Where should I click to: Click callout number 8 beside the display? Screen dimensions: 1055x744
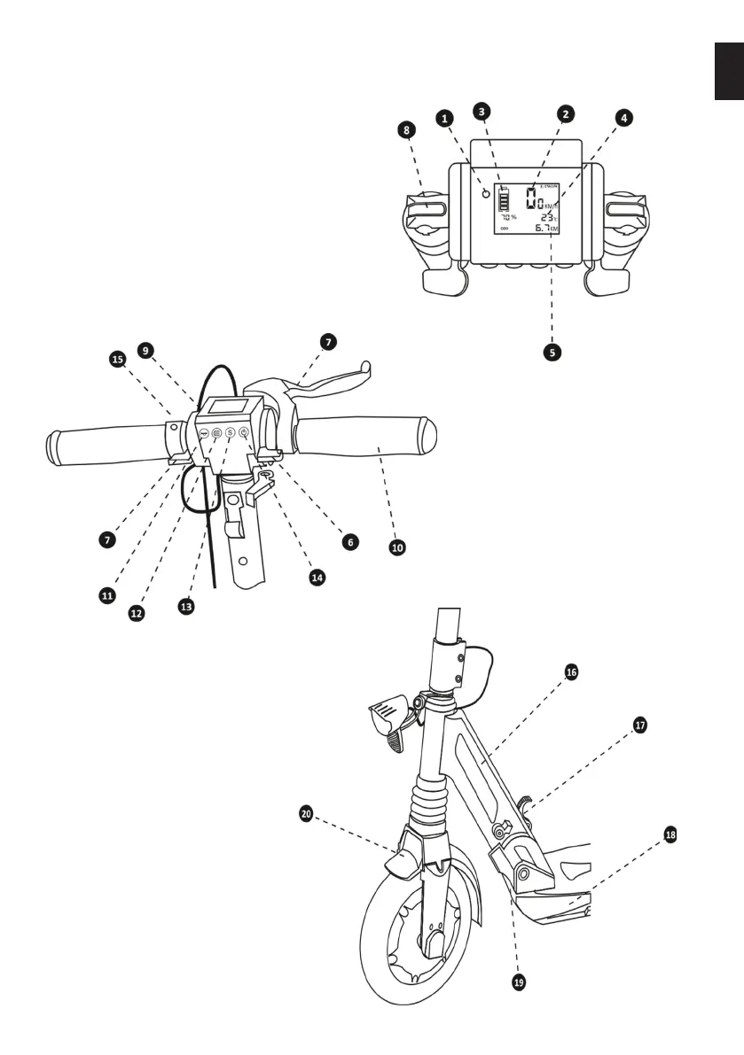pos(406,129)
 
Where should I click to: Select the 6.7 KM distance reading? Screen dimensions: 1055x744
pos(545,229)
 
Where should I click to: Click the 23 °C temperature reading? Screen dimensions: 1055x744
pos(546,215)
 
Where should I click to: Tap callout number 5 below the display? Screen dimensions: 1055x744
pos(552,351)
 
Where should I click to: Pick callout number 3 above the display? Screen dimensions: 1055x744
pos(481,112)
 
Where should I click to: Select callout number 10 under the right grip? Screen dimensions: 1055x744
pos(397,547)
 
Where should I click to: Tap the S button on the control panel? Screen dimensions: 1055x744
pos(230,433)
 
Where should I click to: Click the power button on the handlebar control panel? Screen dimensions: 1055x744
pos(244,433)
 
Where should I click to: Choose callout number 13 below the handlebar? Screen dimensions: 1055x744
pos(186,609)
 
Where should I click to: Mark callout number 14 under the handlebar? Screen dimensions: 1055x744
pos(317,577)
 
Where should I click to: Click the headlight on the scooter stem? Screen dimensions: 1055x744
pos(388,717)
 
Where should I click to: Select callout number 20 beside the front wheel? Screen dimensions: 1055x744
pos(306,811)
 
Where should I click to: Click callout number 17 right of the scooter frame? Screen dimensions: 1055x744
pos(640,725)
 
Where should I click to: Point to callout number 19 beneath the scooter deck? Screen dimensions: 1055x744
pos(520,981)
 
